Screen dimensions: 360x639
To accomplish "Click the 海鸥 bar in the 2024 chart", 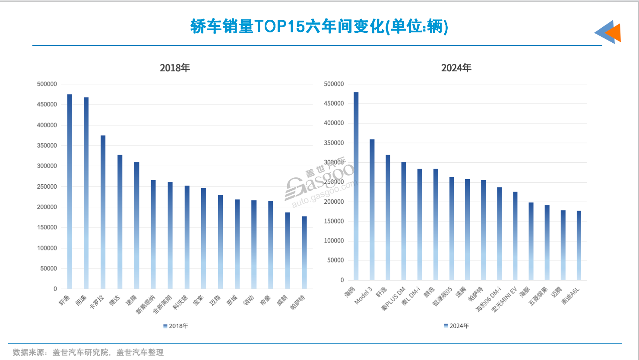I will (356, 186).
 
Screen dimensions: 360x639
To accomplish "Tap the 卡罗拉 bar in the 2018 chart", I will (103, 212).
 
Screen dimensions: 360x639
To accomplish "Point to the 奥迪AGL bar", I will (579, 246).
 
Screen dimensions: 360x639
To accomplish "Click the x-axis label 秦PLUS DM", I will (393, 299).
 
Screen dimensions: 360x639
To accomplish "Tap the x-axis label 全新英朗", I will (163, 304).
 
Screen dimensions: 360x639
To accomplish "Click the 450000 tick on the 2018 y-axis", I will (47, 104).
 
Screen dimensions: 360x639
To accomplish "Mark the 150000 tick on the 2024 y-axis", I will (334, 221).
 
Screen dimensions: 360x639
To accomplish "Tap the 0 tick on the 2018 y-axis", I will (55, 289).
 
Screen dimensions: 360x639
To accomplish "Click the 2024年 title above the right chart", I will (456, 68).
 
